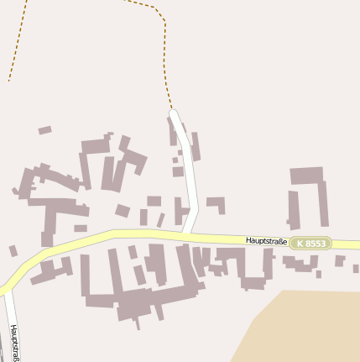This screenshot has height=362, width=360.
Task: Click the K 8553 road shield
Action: [x=310, y=243]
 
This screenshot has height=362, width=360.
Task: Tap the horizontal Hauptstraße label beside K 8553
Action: [x=267, y=241]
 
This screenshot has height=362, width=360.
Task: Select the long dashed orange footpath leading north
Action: [x=164, y=50]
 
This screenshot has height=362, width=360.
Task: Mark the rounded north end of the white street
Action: [x=175, y=113]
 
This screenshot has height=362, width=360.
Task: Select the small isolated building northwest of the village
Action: [x=44, y=130]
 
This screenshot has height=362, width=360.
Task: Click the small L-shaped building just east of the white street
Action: [x=217, y=203]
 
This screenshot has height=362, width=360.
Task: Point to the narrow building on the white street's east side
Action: [x=196, y=146]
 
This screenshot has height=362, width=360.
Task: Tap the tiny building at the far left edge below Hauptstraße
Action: [x=13, y=250]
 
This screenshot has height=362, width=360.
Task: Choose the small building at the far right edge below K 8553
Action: [x=340, y=260]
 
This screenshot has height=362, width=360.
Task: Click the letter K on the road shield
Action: [x=300, y=243]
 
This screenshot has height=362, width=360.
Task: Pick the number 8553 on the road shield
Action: [x=316, y=243]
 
